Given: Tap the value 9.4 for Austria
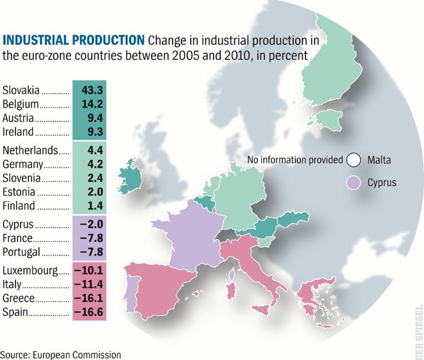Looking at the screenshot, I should [95, 118].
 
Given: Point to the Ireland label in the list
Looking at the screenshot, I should [19, 131].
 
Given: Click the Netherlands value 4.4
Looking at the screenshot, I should [95, 151].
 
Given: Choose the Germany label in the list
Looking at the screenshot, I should [22, 164].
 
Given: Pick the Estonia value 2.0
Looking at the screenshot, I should [95, 191].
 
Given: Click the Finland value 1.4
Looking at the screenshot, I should [95, 205].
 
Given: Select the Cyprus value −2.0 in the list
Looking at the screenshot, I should [91, 225].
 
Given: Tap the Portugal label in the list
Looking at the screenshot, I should [22, 252].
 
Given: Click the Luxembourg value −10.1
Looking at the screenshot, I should [89, 271].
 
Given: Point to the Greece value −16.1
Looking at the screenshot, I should [89, 298].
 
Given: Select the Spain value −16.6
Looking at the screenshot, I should [89, 312].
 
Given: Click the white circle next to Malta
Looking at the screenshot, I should [354, 160].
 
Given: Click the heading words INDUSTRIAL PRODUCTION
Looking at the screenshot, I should [74, 41].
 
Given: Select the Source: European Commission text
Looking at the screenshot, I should [61, 354].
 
